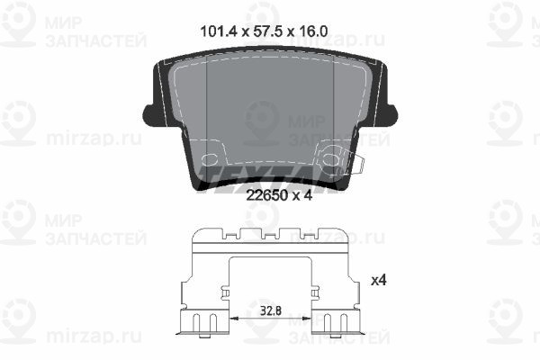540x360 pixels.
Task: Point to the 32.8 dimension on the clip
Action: click(x=271, y=310)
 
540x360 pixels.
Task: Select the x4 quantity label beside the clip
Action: click(x=380, y=280)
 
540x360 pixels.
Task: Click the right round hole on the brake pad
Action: click(x=330, y=160)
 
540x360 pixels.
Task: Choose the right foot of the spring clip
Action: click(x=338, y=323)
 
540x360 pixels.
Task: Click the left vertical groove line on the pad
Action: click(x=208, y=108)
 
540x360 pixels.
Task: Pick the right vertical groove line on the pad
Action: click(x=334, y=108)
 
